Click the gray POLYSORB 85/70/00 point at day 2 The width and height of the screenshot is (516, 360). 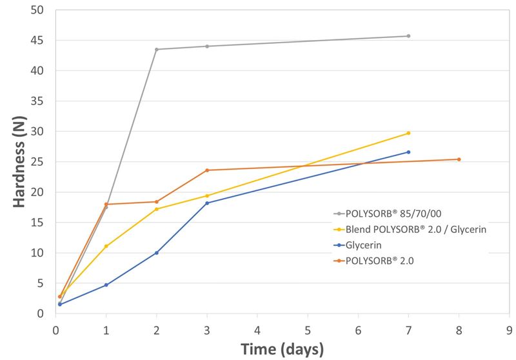pos(157,50)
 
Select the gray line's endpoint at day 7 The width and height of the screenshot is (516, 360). pos(408,36)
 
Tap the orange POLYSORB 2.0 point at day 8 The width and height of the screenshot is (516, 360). pos(459,159)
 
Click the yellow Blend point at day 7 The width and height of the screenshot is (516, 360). pos(408,133)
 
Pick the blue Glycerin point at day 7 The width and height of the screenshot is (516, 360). pos(408,152)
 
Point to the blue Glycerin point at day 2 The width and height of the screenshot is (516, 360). pos(157,253)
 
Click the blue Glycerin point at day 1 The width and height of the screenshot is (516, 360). pos(106,285)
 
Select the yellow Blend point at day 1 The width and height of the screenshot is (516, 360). pos(106,246)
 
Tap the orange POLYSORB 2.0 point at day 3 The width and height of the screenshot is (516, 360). pos(207,170)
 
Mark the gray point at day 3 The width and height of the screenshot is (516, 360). pos(207,46)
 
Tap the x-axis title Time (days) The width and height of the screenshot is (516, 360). pos(282,349)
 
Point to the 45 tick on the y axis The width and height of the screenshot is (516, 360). pos(40,41)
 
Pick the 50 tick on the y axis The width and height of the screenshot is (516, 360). pos(40,10)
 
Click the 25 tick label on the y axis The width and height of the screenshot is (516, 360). pos(40,162)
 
